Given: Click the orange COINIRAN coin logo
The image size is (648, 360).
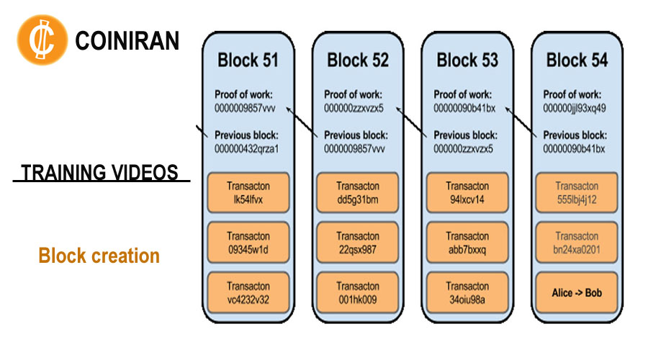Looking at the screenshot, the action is (x=42, y=40).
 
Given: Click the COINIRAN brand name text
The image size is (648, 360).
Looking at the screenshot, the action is (x=127, y=40).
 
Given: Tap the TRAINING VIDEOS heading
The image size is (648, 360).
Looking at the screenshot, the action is (x=99, y=172).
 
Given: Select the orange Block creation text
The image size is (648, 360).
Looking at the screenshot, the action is (x=99, y=256).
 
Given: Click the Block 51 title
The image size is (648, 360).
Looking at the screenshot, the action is (x=248, y=60).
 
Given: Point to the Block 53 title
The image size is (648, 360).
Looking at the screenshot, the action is (x=467, y=60).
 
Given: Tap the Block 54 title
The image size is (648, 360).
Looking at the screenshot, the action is (x=577, y=60).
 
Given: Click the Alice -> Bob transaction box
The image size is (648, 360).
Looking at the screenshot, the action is (x=577, y=292).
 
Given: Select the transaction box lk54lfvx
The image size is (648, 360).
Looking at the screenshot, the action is (x=248, y=193).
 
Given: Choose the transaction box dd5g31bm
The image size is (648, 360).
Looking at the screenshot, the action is (x=357, y=193).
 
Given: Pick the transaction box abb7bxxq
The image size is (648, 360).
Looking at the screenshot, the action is (x=467, y=243).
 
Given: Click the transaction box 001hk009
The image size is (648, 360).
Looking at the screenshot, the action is (x=357, y=292).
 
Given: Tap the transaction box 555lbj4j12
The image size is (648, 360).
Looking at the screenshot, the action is (x=577, y=193).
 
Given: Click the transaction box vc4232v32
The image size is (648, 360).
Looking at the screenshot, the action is (x=248, y=292).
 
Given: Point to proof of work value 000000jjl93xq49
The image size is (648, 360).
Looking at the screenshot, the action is (x=575, y=108).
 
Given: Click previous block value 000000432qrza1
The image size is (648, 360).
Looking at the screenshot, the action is (x=246, y=149).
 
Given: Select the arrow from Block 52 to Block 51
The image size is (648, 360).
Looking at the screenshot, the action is (x=302, y=122).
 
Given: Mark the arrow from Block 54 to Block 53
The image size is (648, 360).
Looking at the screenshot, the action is (x=521, y=122).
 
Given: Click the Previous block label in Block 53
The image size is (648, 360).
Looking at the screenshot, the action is (x=465, y=135).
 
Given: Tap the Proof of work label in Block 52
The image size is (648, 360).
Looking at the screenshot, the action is (x=353, y=94).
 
